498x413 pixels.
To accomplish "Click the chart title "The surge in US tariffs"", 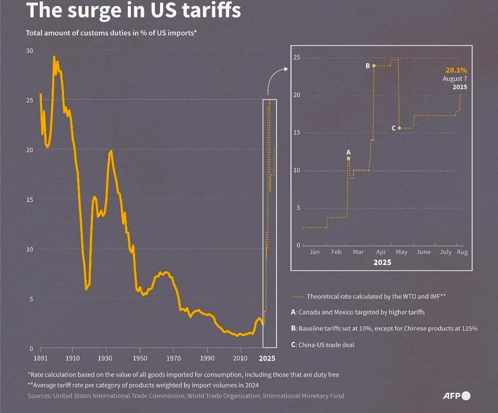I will [134, 10].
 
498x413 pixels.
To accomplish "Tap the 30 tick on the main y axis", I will [29, 50].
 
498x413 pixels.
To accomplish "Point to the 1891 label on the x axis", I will [41, 358].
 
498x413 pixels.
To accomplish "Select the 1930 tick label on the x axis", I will [106, 358].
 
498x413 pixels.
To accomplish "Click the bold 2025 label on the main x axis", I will [267, 358].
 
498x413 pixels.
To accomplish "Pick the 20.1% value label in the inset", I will [456, 71].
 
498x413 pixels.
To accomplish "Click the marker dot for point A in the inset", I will [349, 158].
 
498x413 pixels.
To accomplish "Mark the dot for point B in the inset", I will [373, 66].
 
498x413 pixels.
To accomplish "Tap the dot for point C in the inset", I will [399, 128].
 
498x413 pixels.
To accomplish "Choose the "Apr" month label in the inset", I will [381, 252].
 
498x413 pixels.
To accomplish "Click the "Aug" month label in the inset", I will [462, 252].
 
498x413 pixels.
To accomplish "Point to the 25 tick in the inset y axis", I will [297, 57].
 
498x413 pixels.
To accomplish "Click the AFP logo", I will [456, 395].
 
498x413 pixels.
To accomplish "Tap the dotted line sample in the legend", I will [298, 297].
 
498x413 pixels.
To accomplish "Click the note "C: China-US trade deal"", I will [322, 344].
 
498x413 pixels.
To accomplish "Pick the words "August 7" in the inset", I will [455, 79].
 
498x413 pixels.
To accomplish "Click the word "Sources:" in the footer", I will [39, 395].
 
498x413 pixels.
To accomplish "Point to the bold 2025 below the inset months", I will [382, 262].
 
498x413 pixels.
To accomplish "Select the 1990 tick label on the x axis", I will [207, 358].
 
